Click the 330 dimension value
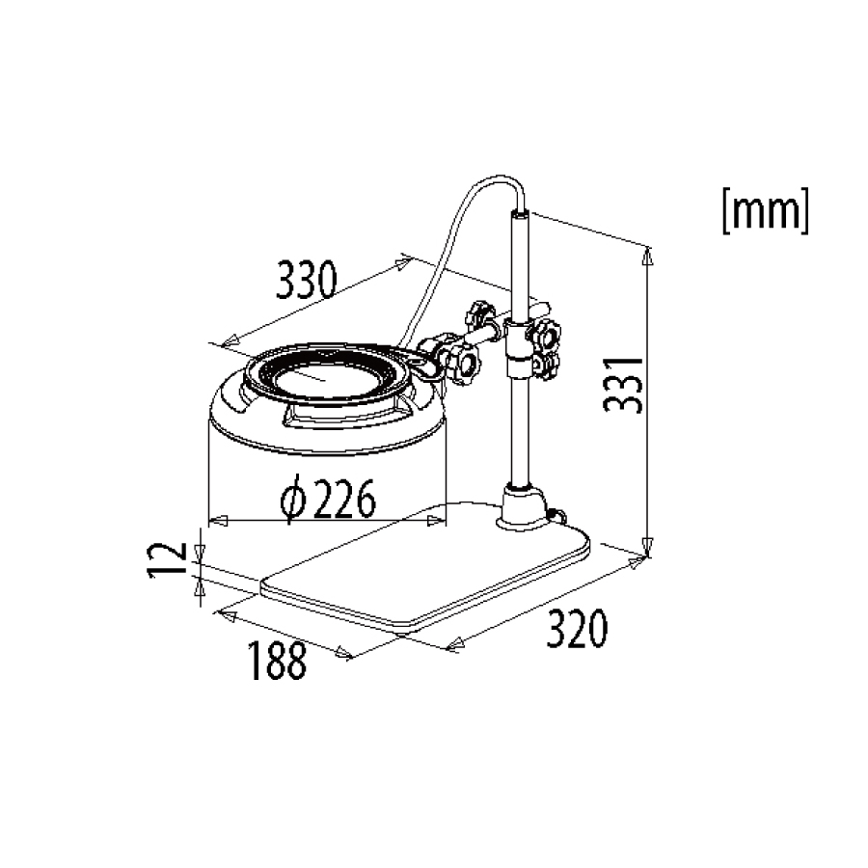pos(306,279)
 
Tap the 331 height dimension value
pos(623,385)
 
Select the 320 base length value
pos(577,628)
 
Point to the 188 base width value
pos(278,660)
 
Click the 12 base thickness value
pos(167,560)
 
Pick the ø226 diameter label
pos(328,498)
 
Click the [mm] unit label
pos(766,210)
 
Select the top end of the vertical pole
pos(519,212)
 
